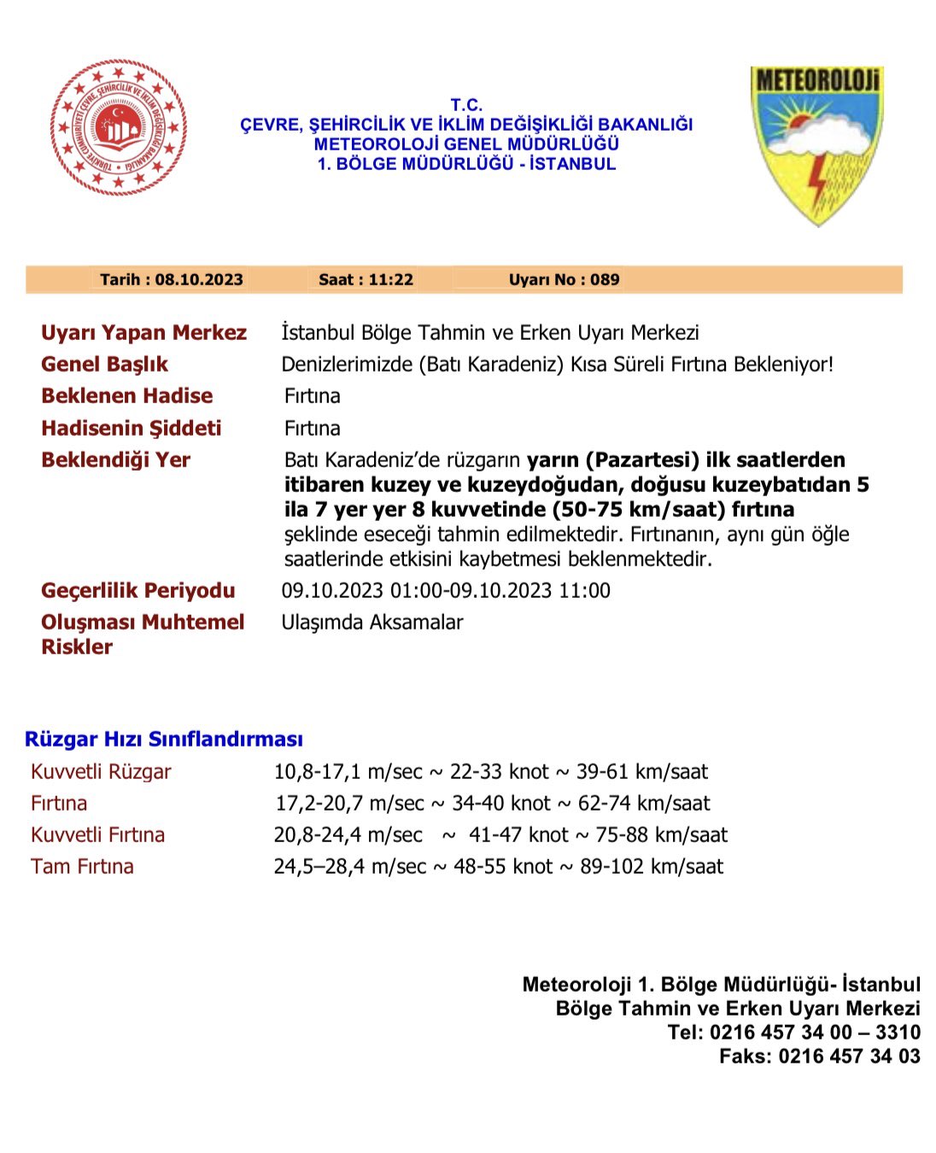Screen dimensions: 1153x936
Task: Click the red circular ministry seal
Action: point(118,127)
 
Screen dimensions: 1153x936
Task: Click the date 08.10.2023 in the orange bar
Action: point(199,279)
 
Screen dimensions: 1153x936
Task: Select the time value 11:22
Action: point(391,279)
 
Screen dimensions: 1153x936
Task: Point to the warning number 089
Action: point(605,279)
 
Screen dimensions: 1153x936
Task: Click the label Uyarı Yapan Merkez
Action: point(143,332)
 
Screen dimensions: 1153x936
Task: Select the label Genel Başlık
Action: point(104,364)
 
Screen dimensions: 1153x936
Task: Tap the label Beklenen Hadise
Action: point(126,395)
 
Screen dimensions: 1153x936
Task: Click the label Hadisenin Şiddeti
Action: point(131,428)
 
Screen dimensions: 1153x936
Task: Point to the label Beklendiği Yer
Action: point(115,459)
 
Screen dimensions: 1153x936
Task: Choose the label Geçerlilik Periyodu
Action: point(137,590)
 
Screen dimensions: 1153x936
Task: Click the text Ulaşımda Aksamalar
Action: point(372,622)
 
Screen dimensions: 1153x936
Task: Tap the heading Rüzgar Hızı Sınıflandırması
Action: point(164,739)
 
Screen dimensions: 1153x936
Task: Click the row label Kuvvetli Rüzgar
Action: point(101,771)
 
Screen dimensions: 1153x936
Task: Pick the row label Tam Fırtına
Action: point(82,866)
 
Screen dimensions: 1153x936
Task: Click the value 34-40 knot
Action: point(501,803)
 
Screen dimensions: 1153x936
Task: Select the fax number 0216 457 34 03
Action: point(849,1056)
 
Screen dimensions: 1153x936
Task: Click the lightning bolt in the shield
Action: point(819,181)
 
